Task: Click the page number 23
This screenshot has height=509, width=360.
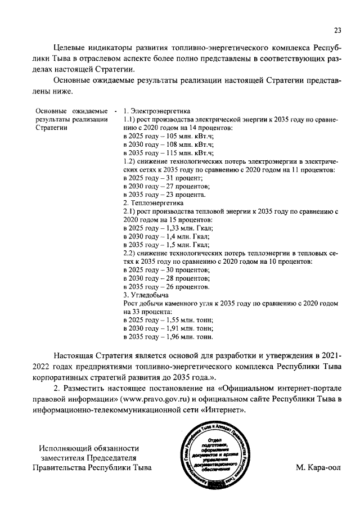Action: click(337, 30)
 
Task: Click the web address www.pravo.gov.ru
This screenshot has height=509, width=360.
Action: click(149, 399)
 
